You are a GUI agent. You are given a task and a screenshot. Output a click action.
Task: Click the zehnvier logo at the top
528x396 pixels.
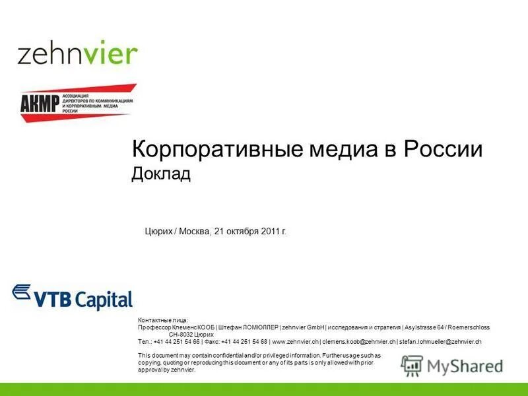point(77,53)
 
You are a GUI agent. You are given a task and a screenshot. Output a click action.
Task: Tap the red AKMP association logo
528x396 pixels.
point(77,102)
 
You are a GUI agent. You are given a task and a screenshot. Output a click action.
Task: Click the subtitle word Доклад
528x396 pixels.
point(161,174)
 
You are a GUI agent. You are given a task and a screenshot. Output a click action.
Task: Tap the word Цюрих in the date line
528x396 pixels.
point(158,232)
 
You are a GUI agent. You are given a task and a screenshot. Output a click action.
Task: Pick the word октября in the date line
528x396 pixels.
point(242,232)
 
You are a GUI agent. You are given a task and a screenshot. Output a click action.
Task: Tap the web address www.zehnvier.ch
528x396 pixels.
point(295,342)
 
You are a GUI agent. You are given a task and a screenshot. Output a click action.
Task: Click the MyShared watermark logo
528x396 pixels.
point(452,365)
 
